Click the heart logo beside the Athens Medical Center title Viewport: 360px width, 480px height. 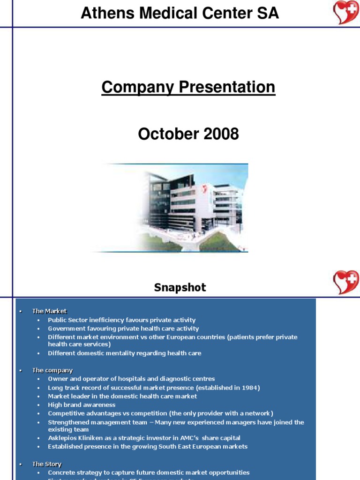click(x=346, y=13)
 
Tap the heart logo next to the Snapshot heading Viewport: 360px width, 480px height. click(x=346, y=283)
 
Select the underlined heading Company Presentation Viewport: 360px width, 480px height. click(x=188, y=87)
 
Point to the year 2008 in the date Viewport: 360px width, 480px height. click(x=221, y=134)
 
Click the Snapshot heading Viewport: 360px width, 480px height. click(x=180, y=287)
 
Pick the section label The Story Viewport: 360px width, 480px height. click(x=46, y=464)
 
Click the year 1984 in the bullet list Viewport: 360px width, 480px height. click(x=249, y=388)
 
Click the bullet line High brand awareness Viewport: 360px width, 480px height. click(x=82, y=405)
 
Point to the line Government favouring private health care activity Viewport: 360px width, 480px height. click(x=123, y=329)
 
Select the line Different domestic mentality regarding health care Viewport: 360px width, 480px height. click(x=124, y=353)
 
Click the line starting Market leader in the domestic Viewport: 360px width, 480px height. click(x=122, y=396)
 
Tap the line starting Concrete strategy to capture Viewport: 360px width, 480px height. click(x=149, y=472)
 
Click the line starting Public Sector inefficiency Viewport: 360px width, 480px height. click(x=121, y=320)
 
